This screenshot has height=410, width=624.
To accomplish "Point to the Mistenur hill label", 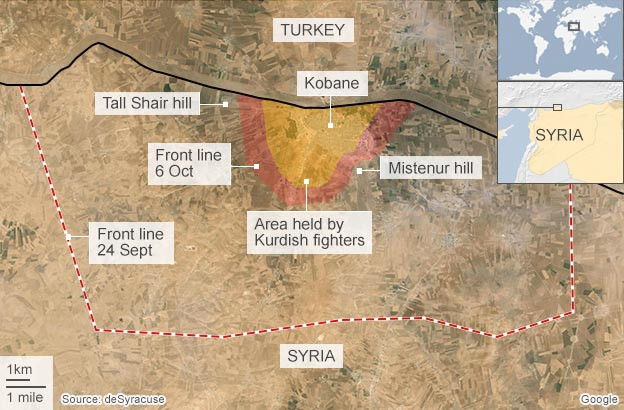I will point(430,169).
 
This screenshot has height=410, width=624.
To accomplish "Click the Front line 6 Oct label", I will point(190,163).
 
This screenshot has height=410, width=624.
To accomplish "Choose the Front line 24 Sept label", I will point(131,241).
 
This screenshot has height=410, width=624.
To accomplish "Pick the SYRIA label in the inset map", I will point(560,136).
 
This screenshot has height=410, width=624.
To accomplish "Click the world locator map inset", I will point(560,39).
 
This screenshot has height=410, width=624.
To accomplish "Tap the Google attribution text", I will point(597,399).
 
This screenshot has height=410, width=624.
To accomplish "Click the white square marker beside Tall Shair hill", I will point(226,103).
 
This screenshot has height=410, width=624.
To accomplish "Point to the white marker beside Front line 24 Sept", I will point(69,237).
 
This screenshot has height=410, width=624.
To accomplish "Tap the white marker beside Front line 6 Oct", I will point(258,166).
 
